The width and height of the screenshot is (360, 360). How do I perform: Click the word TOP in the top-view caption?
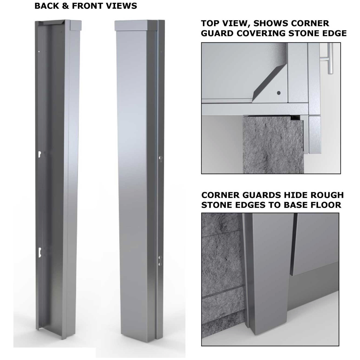pos(211,23)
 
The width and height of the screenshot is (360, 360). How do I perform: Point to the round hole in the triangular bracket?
pos(279,92)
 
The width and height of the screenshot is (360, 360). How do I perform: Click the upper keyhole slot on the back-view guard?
pos(39,154)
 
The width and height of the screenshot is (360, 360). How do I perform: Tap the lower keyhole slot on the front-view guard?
pos(160,261)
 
